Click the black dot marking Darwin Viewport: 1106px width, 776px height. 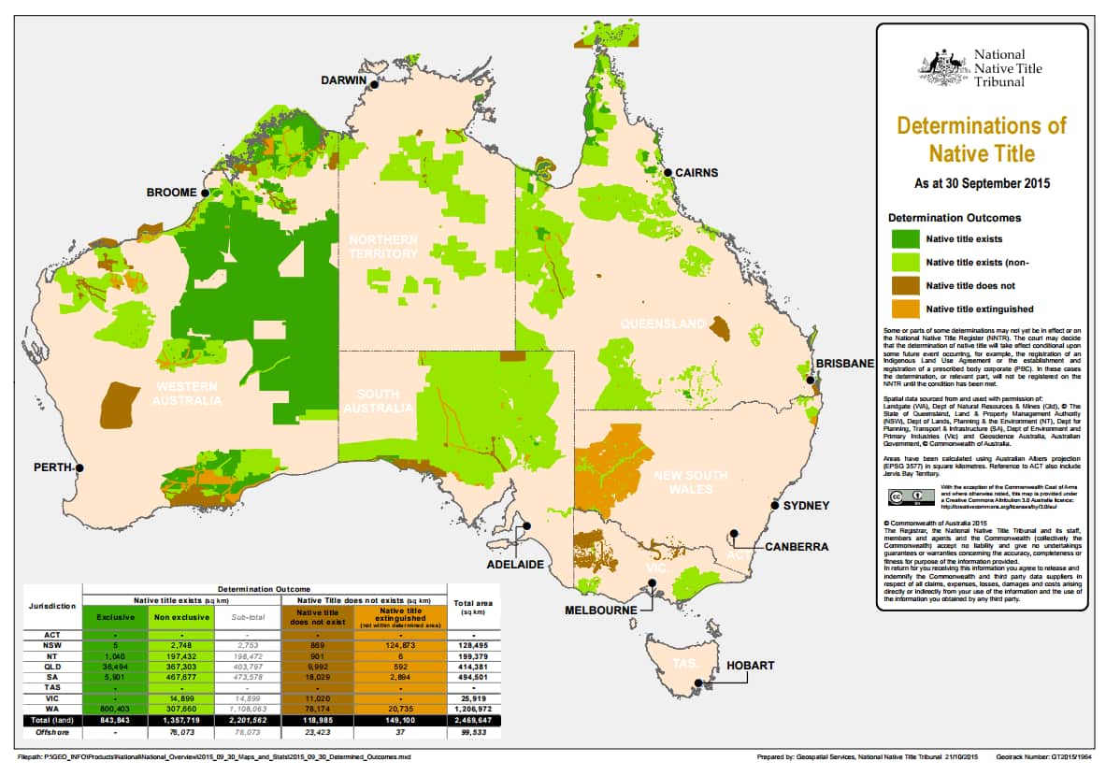pyautogui.click(x=374, y=85)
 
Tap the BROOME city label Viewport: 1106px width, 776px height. pyautogui.click(x=170, y=193)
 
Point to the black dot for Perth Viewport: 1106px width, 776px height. pyautogui.click(x=80, y=468)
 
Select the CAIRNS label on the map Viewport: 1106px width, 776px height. pyautogui.click(x=697, y=173)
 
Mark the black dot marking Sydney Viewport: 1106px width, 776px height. pyautogui.click(x=774, y=506)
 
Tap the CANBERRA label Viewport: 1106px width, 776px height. pyautogui.click(x=797, y=547)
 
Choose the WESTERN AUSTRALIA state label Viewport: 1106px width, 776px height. pyautogui.click(x=187, y=394)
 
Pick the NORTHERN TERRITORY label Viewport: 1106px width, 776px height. pyautogui.click(x=383, y=247)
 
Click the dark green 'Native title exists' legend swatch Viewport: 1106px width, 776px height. pyautogui.click(x=904, y=239)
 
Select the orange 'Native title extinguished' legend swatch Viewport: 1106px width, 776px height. pyautogui.click(x=904, y=309)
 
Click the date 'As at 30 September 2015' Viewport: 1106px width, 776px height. pyautogui.click(x=982, y=183)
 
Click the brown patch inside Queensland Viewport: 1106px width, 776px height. pyautogui.click(x=720, y=328)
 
